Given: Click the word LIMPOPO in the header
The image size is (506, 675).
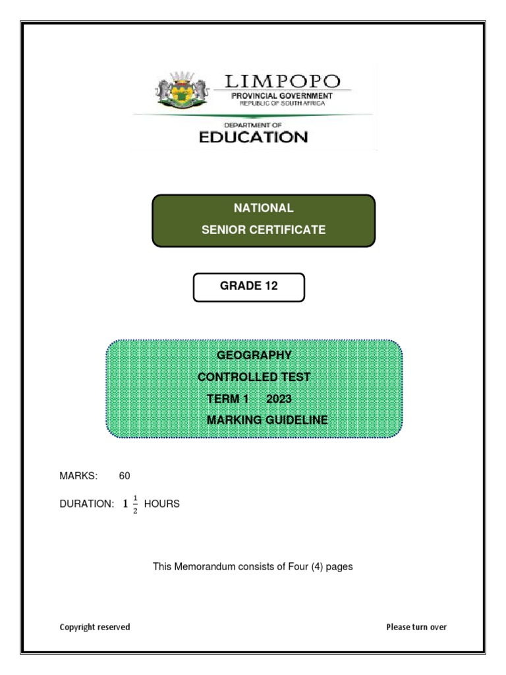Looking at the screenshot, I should point(283,82).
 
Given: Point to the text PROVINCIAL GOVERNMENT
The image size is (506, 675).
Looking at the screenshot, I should point(282,96).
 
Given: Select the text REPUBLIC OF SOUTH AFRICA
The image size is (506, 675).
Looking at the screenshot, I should point(282,103).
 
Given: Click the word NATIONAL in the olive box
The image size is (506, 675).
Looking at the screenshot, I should point(264,208).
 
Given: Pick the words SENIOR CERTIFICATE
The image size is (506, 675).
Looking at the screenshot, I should point(264,230).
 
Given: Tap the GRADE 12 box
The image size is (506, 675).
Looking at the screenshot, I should point(248,287).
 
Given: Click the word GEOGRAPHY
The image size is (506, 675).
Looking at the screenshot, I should point(254,355).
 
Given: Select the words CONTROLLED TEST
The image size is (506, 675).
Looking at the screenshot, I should point(254,378).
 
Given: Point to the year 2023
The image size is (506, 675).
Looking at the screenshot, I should point(279,399).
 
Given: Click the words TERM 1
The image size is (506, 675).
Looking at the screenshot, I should point(227,399).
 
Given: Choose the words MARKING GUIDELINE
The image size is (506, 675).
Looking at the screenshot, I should point(267,420).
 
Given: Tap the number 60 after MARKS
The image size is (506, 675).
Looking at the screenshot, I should point(125,475).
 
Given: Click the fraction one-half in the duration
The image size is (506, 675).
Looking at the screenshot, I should point(135,504).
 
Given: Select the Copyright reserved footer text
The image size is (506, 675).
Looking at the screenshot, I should point(95,627).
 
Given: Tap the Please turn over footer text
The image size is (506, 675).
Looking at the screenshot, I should point(416,627).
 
